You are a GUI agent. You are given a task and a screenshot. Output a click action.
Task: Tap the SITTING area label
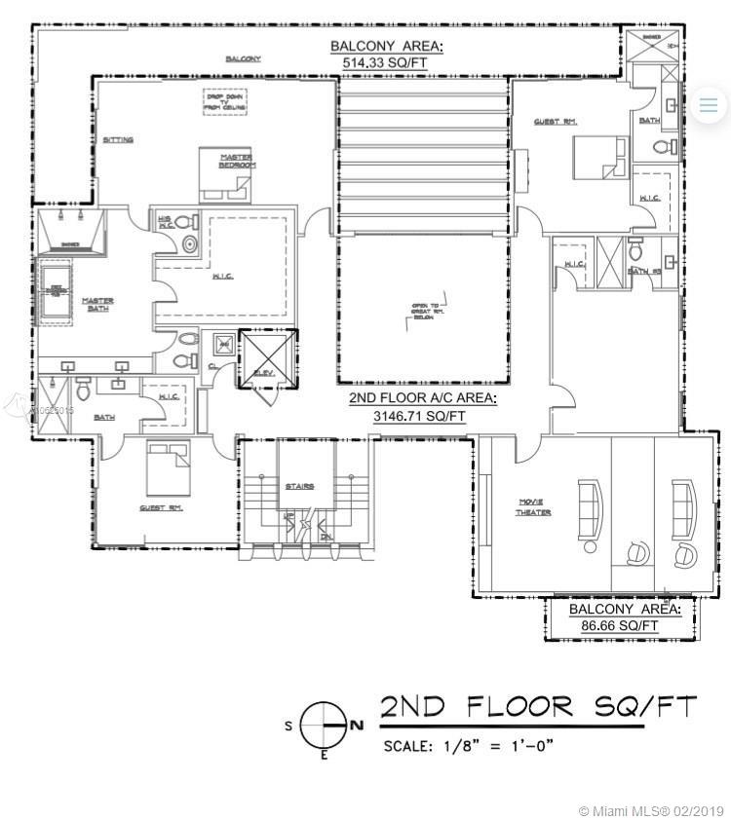click(x=118, y=140)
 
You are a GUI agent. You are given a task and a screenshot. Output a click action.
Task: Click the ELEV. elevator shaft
click(x=265, y=357)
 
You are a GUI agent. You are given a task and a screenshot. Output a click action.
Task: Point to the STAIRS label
click(x=299, y=486)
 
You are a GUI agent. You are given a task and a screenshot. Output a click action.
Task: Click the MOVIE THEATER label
click(x=534, y=507)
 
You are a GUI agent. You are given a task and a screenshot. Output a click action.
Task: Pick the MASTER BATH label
click(x=97, y=304)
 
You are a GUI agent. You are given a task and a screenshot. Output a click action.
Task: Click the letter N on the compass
click(x=357, y=725)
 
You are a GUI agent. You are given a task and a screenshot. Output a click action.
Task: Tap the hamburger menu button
click(x=709, y=104)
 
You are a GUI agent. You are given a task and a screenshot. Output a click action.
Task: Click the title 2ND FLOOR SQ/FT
click(x=538, y=707)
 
